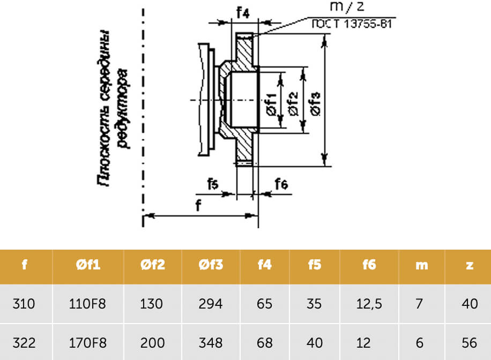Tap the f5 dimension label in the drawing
pyautogui.click(x=213, y=184)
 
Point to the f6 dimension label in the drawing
pyautogui.click(x=281, y=184)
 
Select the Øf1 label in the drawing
pyautogui.click(x=272, y=104)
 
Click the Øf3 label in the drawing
pyautogui.click(x=315, y=104)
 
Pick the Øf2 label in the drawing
pyautogui.click(x=293, y=104)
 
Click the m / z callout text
pyautogui.click(x=347, y=7)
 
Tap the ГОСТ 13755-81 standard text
pyautogui.click(x=352, y=24)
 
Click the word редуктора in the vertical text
pyautogui.click(x=123, y=108)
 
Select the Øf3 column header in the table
pyautogui.click(x=211, y=265)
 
